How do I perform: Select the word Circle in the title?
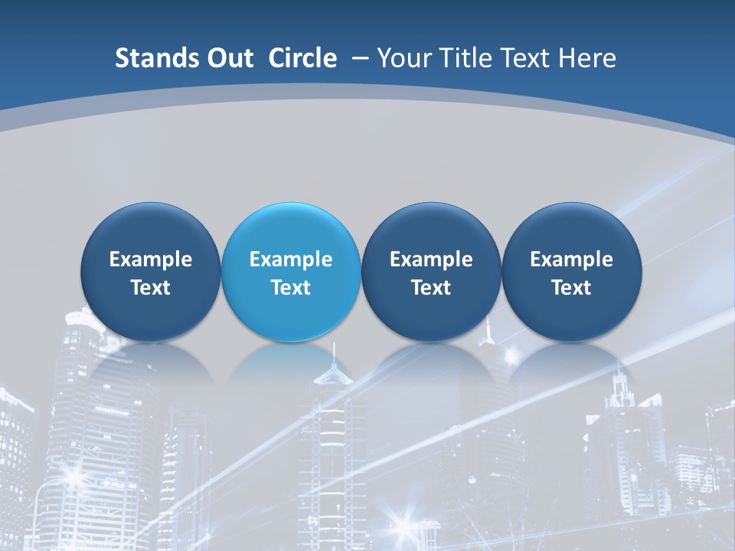[x=302, y=58]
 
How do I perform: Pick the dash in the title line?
[x=359, y=59]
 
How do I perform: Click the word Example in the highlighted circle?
[x=291, y=259]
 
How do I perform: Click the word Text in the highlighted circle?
[x=291, y=288]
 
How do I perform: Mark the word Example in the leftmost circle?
[x=150, y=259]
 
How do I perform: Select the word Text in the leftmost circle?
[x=150, y=288]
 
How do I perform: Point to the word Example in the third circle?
[x=431, y=259]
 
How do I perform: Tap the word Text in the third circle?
[x=431, y=288]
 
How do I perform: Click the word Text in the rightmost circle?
[x=571, y=288]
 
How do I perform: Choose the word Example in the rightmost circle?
[x=571, y=259]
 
